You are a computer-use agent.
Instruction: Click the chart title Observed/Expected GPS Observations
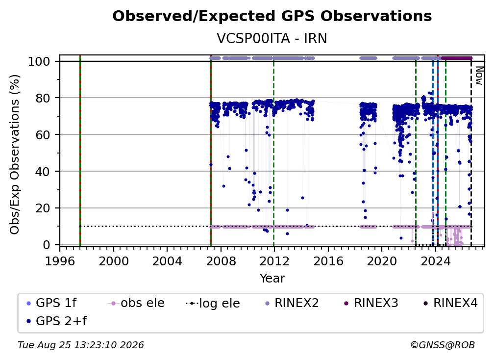pyautogui.click(x=272, y=16)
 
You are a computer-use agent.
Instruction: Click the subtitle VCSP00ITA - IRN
pyautogui.click(x=272, y=38)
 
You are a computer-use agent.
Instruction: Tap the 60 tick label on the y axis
pyautogui.click(x=43, y=135)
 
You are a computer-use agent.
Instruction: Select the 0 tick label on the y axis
pyautogui.click(x=47, y=245)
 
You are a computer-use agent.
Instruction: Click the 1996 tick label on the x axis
pyautogui.click(x=60, y=261)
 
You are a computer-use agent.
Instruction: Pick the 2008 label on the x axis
pyautogui.click(x=221, y=261)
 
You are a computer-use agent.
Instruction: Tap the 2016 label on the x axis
pyautogui.click(x=328, y=261)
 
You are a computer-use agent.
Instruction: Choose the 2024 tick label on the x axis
pyautogui.click(x=435, y=261)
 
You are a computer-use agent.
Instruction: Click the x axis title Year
pyautogui.click(x=272, y=279)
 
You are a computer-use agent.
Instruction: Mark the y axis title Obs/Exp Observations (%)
pyautogui.click(x=15, y=154)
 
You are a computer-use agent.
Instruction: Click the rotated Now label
pyautogui.click(x=479, y=76)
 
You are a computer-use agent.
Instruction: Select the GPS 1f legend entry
pyautogui.click(x=51, y=303)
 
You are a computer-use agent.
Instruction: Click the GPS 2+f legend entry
pyautogui.click(x=57, y=321)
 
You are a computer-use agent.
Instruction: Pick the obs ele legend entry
pyautogui.click(x=136, y=303)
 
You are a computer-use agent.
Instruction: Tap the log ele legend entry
pyautogui.click(x=213, y=303)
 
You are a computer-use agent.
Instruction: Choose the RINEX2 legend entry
pyautogui.click(x=292, y=303)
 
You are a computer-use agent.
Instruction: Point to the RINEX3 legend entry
pyautogui.click(x=371, y=303)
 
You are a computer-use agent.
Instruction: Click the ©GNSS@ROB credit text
pyautogui.click(x=443, y=345)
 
